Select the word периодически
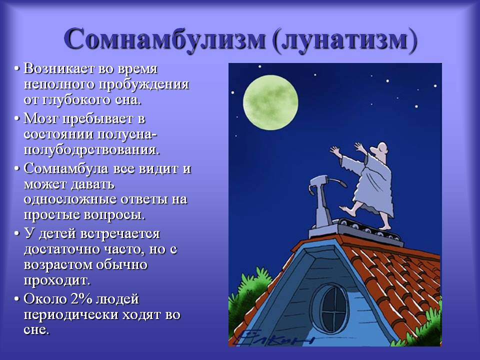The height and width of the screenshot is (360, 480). (x=71, y=315)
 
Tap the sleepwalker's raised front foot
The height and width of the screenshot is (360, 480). (x=346, y=209)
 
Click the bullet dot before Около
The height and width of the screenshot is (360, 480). (x=17, y=299)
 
